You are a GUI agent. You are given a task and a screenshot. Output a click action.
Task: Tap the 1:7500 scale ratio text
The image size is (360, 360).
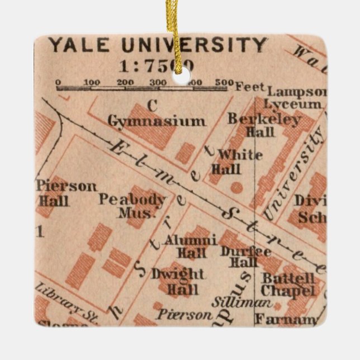point(157,66)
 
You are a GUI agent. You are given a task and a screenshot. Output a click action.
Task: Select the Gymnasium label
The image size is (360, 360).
point(157,121)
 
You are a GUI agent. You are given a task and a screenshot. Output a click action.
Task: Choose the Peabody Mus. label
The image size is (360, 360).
point(133,206)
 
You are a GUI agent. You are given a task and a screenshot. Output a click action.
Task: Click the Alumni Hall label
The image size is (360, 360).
point(190,247)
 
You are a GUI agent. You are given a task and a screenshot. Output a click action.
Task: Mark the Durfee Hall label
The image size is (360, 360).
point(239,257)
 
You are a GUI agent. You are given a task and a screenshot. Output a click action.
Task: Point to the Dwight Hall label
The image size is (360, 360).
point(178,282)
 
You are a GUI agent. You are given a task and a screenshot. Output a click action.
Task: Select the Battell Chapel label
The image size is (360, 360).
point(288,284)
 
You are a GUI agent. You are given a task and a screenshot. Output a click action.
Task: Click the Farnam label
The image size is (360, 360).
point(285,320)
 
